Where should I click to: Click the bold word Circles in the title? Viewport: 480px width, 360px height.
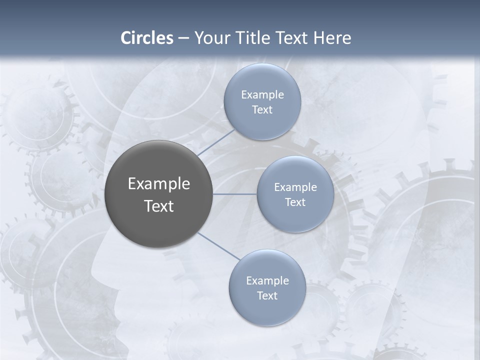click(147, 38)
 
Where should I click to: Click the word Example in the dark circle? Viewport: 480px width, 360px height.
click(158, 184)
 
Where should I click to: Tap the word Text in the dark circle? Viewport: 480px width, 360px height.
click(158, 206)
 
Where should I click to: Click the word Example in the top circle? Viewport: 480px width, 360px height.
click(262, 94)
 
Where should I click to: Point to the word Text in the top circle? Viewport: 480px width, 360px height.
click(262, 109)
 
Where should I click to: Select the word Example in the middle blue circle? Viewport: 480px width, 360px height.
click(295, 187)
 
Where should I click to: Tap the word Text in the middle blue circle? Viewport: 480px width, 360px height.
click(295, 202)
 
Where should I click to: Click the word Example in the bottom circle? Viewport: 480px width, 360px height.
click(267, 280)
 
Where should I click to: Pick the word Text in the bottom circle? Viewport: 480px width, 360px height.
click(267, 295)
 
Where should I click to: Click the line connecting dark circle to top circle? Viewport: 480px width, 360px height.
click(215, 142)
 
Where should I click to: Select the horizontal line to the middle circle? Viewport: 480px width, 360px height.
click(234, 194)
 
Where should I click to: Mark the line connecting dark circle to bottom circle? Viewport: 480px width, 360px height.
click(219, 246)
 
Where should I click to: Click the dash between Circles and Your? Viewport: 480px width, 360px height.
click(183, 38)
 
